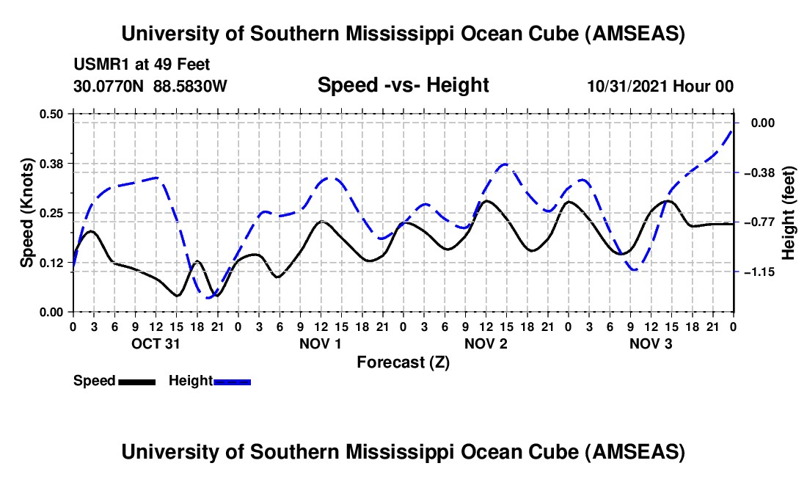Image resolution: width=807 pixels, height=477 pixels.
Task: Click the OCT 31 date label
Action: pyautogui.click(x=156, y=343)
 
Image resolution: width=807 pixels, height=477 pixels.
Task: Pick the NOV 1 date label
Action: pyautogui.click(x=321, y=343)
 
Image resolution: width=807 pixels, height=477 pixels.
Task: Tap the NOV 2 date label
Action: pyautogui.click(x=486, y=343)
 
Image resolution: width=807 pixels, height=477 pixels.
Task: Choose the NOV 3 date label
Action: pyautogui.click(x=651, y=343)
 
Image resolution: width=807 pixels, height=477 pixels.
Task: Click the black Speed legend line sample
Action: pyautogui.click(x=136, y=381)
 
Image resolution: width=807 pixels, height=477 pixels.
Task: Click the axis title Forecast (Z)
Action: pyautogui.click(x=403, y=363)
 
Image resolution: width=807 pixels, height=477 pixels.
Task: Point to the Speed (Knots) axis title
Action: pyautogui.click(x=26, y=212)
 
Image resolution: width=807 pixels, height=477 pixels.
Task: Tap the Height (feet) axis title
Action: pyautogui.click(x=789, y=213)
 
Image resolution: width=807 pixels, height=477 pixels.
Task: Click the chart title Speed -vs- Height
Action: pyautogui.click(x=403, y=86)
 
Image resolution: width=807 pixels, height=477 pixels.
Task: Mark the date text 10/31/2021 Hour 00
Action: pyautogui.click(x=660, y=87)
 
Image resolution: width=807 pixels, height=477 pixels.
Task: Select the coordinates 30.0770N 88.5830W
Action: pyautogui.click(x=150, y=87)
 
